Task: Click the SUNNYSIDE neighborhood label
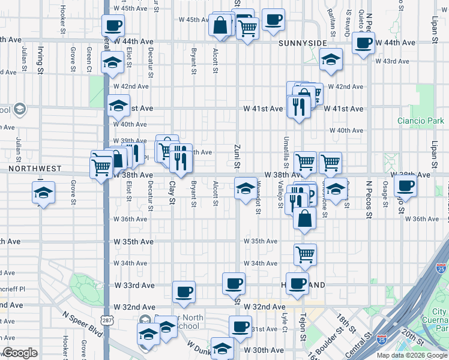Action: click(303, 43)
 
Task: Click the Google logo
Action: click(20, 353)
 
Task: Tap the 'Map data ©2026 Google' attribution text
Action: click(412, 355)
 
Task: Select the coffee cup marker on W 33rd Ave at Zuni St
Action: click(234, 283)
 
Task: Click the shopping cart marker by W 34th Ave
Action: click(305, 254)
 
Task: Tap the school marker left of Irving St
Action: click(43, 193)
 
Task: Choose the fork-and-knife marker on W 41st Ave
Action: click(299, 106)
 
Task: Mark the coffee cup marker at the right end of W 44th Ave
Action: click(363, 43)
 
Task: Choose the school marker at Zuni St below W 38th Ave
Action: click(245, 189)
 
